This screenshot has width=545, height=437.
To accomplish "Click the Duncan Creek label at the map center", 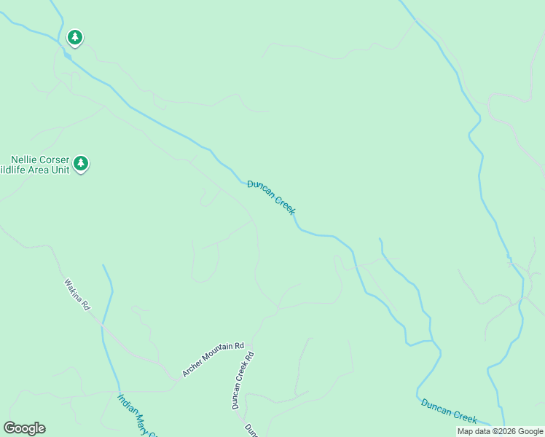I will point(271,197).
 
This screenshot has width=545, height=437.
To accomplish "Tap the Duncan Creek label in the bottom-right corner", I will point(449,411).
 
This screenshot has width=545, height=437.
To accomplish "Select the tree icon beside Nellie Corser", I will point(81,163).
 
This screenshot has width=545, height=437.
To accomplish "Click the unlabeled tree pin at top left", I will point(74,36).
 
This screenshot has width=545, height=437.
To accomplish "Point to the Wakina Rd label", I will point(76,294).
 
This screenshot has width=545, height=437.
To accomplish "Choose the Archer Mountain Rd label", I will point(213,358).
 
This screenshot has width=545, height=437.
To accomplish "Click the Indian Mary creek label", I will point(137,416).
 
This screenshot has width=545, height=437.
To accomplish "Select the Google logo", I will point(24,428).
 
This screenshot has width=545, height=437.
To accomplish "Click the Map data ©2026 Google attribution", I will point(501,432).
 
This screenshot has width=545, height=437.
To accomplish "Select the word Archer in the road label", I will point(191,369).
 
